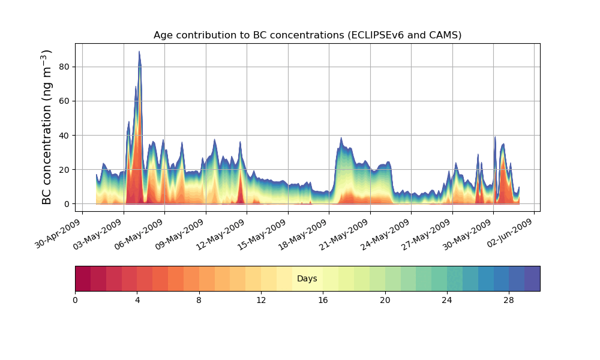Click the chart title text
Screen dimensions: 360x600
(x=307, y=35)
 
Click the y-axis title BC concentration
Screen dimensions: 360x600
(x=47, y=127)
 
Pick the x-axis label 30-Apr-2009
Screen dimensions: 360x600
(x=58, y=235)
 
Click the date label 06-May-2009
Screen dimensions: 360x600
(x=140, y=235)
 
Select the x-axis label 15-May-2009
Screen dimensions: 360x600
(x=264, y=235)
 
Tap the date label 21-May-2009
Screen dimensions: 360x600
(x=346, y=235)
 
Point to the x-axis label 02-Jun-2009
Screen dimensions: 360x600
(x=511, y=235)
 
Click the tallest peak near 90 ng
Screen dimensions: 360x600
(x=139, y=53)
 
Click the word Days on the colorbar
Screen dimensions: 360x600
(x=307, y=279)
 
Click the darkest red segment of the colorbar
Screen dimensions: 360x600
(x=83, y=278)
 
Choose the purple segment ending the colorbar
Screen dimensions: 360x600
(x=532, y=278)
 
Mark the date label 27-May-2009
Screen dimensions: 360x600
(x=428, y=235)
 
